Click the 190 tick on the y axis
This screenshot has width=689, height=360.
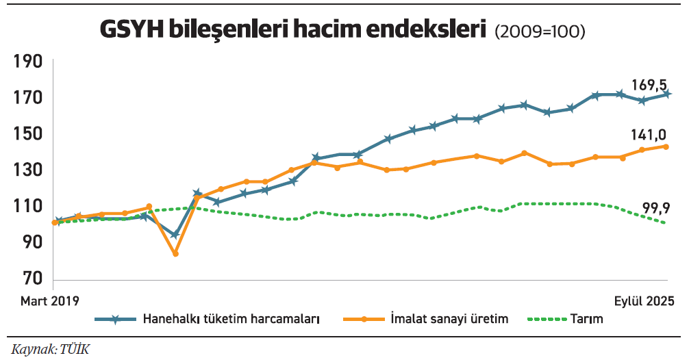pyautogui.click(x=27, y=62)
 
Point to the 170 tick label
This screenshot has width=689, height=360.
pyautogui.click(x=27, y=98)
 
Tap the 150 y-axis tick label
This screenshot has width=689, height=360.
pyautogui.click(x=27, y=133)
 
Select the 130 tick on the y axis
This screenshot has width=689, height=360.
pyautogui.click(x=27, y=170)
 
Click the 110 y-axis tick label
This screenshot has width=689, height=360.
pyautogui.click(x=27, y=206)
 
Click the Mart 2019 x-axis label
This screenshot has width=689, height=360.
pyautogui.click(x=50, y=301)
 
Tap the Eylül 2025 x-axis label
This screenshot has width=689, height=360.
pyautogui.click(x=643, y=301)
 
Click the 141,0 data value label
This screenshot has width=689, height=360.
pyautogui.click(x=649, y=136)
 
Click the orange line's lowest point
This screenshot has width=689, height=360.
pyautogui.click(x=175, y=253)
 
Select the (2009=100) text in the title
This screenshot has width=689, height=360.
pyautogui.click(x=539, y=31)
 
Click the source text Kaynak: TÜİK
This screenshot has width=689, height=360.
pyautogui.click(x=50, y=349)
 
